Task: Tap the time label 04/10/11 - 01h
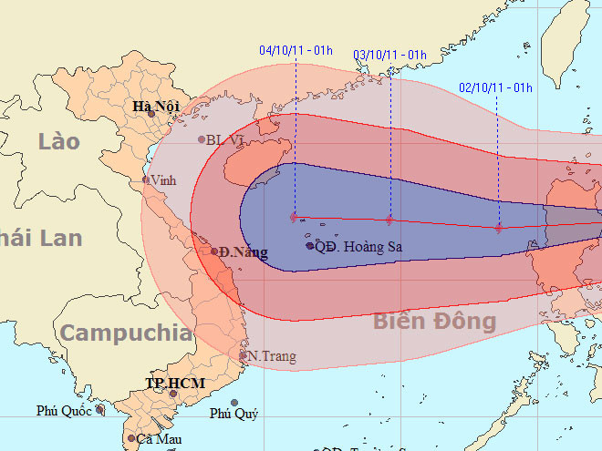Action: point(296,51)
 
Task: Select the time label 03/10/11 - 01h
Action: point(389,55)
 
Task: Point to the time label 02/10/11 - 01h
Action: point(495,87)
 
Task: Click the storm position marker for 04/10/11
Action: point(294,218)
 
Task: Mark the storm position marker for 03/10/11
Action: point(389,220)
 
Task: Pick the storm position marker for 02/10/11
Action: point(499,228)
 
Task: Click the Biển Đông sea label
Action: point(434,321)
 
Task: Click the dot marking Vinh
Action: point(146,179)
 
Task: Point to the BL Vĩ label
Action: point(227,140)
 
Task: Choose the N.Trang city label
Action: point(272,355)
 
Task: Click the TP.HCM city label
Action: point(175,384)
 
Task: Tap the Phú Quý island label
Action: point(234,414)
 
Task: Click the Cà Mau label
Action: point(156,439)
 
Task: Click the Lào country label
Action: point(59,141)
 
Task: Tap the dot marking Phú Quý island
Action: point(234,402)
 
